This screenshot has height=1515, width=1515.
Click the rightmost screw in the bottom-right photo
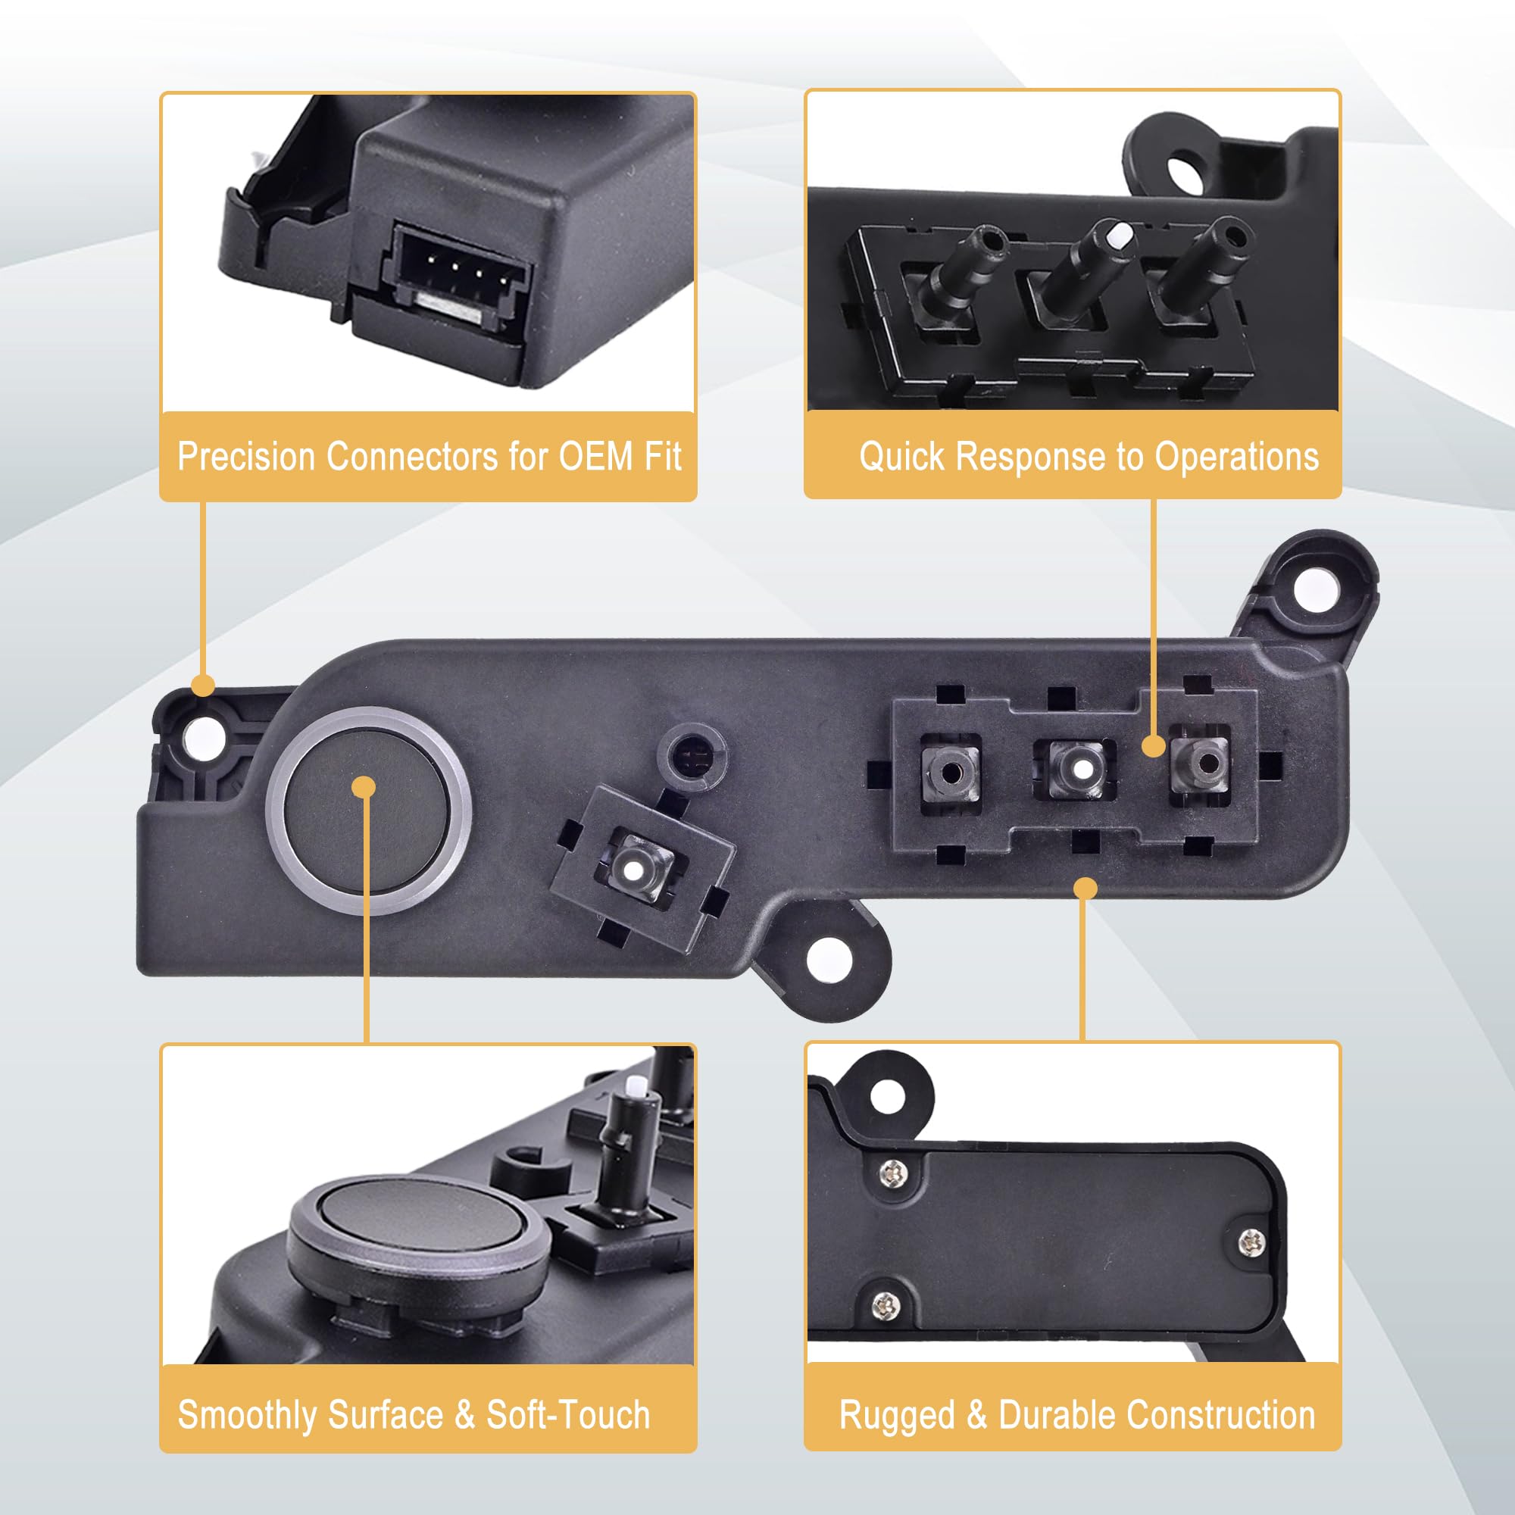[1251, 1242]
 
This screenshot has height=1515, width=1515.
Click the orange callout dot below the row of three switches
[1085, 889]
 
